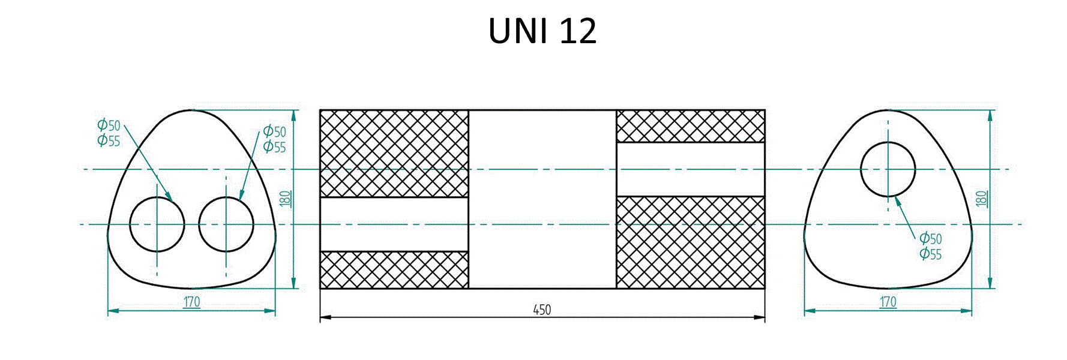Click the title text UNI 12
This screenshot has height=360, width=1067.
(x=543, y=31)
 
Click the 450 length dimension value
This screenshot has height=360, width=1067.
(x=542, y=310)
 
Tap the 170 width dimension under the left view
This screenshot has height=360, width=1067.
(x=191, y=302)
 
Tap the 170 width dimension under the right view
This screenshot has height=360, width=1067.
(x=888, y=302)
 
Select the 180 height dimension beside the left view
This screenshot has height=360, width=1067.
(x=286, y=199)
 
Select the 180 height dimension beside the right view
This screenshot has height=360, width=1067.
(x=982, y=199)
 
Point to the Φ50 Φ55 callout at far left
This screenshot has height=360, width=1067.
(x=109, y=133)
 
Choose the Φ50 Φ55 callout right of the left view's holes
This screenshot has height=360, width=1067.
(x=275, y=139)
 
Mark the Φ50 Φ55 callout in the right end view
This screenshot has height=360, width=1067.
(x=931, y=246)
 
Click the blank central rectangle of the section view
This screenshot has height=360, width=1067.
(x=543, y=199)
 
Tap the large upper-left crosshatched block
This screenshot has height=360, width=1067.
(x=394, y=154)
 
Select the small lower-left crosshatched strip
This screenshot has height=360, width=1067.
(x=394, y=270)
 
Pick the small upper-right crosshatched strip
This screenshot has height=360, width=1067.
(x=691, y=126)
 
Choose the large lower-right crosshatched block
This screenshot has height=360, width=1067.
(x=691, y=242)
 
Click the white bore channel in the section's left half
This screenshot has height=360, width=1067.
(x=394, y=224)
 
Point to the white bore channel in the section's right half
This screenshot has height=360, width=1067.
(x=691, y=169)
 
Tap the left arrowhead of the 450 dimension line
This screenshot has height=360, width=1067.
(x=325, y=317)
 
